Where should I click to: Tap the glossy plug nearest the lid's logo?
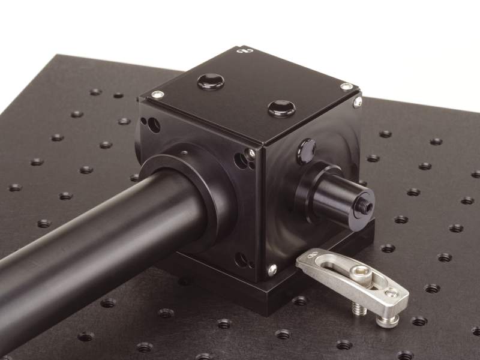[x=211, y=80]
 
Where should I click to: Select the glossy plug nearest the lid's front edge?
[x=281, y=109]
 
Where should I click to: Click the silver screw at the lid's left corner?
[x=157, y=94]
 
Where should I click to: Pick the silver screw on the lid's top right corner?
[x=346, y=86]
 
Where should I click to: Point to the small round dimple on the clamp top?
[x=391, y=292]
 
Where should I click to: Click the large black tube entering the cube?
[x=90, y=240]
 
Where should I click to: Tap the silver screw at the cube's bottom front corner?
[x=272, y=270]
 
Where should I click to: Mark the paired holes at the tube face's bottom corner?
[x=243, y=260]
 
